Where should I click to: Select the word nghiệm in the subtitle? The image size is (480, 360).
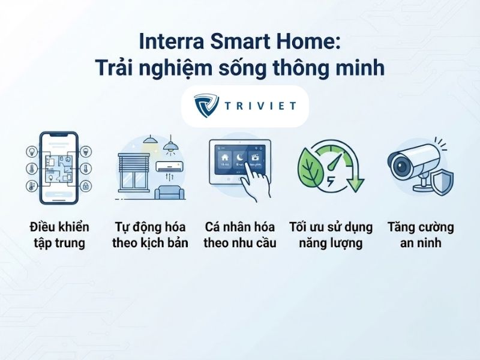[175, 68]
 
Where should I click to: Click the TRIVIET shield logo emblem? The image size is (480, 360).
[206, 106]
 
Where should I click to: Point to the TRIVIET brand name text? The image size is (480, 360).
[260, 106]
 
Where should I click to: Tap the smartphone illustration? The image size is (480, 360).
[59, 168]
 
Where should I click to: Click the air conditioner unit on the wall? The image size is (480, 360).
[170, 167]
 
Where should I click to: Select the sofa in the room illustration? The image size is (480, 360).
[170, 192]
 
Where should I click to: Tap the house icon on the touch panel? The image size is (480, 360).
[225, 158]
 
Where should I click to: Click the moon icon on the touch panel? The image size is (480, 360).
[240, 158]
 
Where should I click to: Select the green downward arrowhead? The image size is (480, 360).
[355, 185]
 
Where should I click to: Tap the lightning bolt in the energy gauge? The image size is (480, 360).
[331, 181]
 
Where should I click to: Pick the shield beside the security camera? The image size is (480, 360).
[441, 183]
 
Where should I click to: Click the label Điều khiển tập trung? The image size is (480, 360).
[59, 235]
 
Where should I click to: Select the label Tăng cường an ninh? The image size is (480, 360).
[421, 235]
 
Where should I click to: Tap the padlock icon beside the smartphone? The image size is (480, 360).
[86, 185]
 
